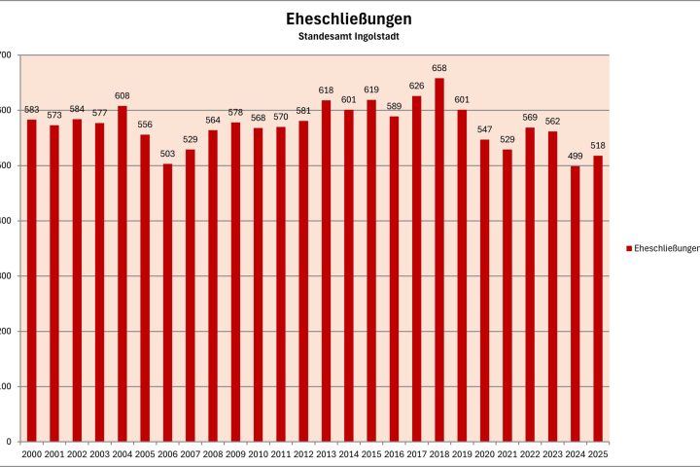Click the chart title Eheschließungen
click(x=349, y=18)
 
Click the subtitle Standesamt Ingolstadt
click(x=349, y=36)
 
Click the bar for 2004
click(x=122, y=273)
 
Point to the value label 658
click(x=439, y=68)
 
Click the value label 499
click(x=576, y=157)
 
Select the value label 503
click(x=167, y=154)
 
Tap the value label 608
click(x=122, y=95)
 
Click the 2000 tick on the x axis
click(x=31, y=454)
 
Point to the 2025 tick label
click(x=598, y=454)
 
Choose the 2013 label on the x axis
click(x=326, y=454)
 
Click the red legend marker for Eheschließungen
click(x=628, y=249)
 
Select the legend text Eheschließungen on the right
click(x=666, y=249)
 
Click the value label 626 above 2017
click(x=416, y=86)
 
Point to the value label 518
click(x=598, y=146)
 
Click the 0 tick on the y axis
click(x=8, y=442)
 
